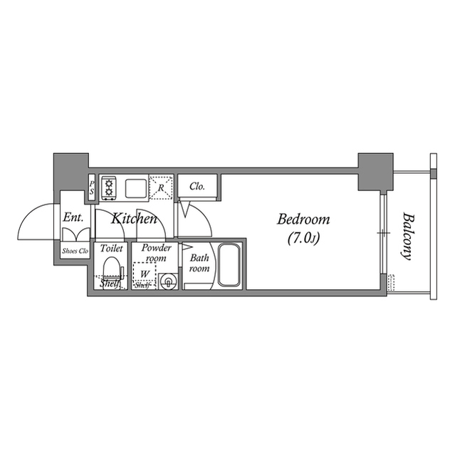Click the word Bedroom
point(303,219)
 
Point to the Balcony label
point(407,235)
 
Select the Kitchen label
point(133,219)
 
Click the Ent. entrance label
point(73,218)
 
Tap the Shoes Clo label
point(74,250)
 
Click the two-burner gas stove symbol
point(109,188)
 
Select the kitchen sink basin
point(136,188)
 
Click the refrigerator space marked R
point(162,188)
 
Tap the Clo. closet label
point(197,187)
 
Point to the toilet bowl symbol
point(111,269)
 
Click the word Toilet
point(112,249)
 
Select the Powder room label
point(156,252)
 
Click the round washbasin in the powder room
point(168,281)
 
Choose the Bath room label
point(199,264)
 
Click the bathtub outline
point(229,265)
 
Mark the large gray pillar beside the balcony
point(375,172)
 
